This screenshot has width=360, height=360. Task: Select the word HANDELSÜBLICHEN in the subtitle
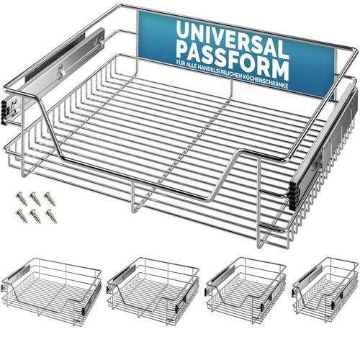215,71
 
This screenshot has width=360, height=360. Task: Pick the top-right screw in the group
50,199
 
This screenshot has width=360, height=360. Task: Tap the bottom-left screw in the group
22,216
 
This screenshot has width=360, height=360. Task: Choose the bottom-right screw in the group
51,216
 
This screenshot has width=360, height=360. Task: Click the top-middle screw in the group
35,199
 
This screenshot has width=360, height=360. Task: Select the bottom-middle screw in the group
35,216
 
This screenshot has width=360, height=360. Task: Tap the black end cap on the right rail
293,196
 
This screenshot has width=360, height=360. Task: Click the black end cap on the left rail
4,113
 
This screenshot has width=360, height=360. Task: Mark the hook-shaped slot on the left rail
61,71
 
